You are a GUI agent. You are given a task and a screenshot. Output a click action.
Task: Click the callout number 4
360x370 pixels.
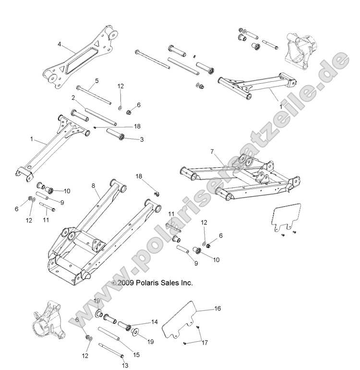[x=59, y=44]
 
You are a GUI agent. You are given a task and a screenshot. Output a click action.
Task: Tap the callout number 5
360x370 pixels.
[x=96, y=81]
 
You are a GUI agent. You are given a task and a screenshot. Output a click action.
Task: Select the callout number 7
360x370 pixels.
[x=212, y=152]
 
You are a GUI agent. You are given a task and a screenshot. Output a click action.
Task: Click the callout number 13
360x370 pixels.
[x=126, y=366]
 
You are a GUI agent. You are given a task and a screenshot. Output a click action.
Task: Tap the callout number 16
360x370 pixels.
[x=217, y=309]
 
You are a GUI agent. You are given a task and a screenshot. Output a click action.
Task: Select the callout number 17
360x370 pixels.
[x=205, y=343]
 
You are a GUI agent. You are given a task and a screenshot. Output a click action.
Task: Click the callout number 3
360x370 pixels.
[x=142, y=140]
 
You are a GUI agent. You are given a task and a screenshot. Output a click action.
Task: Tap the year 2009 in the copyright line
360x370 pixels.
[x=125, y=284]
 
